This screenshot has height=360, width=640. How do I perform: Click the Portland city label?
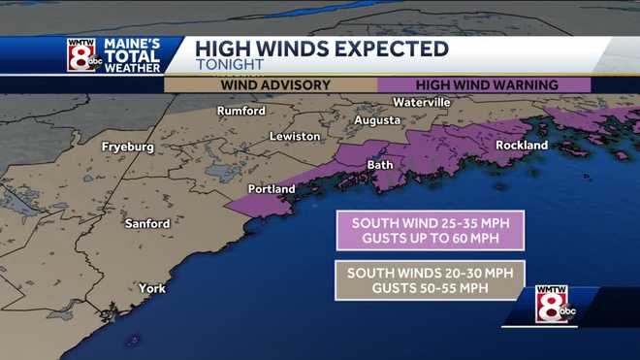[x=272, y=188]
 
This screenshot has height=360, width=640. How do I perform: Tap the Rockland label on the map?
[x=522, y=146]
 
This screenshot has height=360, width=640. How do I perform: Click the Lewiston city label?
[x=295, y=137]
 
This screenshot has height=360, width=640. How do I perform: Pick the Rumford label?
[x=240, y=111]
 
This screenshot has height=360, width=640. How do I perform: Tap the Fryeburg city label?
[x=128, y=147]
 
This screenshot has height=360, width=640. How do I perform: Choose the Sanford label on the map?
[x=147, y=224]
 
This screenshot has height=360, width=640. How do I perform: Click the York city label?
[x=151, y=288]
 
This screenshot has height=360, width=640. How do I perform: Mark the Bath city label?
[x=380, y=165]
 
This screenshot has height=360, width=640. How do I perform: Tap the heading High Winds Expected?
[x=322, y=49]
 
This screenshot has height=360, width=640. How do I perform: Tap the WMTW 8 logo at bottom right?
[x=553, y=305]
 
